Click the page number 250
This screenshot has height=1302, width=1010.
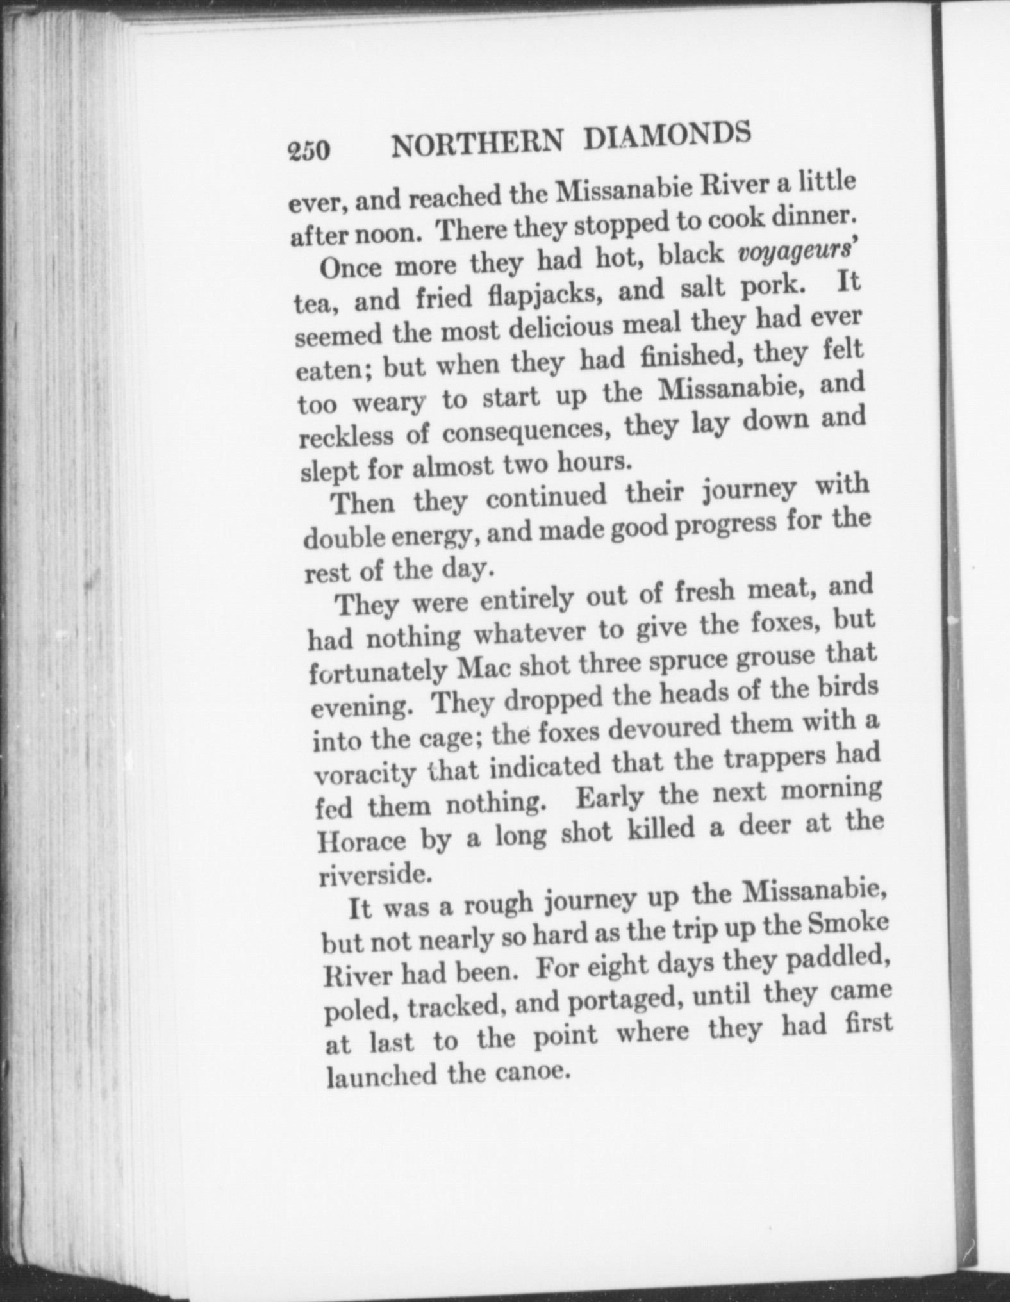(x=309, y=150)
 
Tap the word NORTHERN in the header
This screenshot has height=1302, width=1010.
(x=477, y=144)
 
